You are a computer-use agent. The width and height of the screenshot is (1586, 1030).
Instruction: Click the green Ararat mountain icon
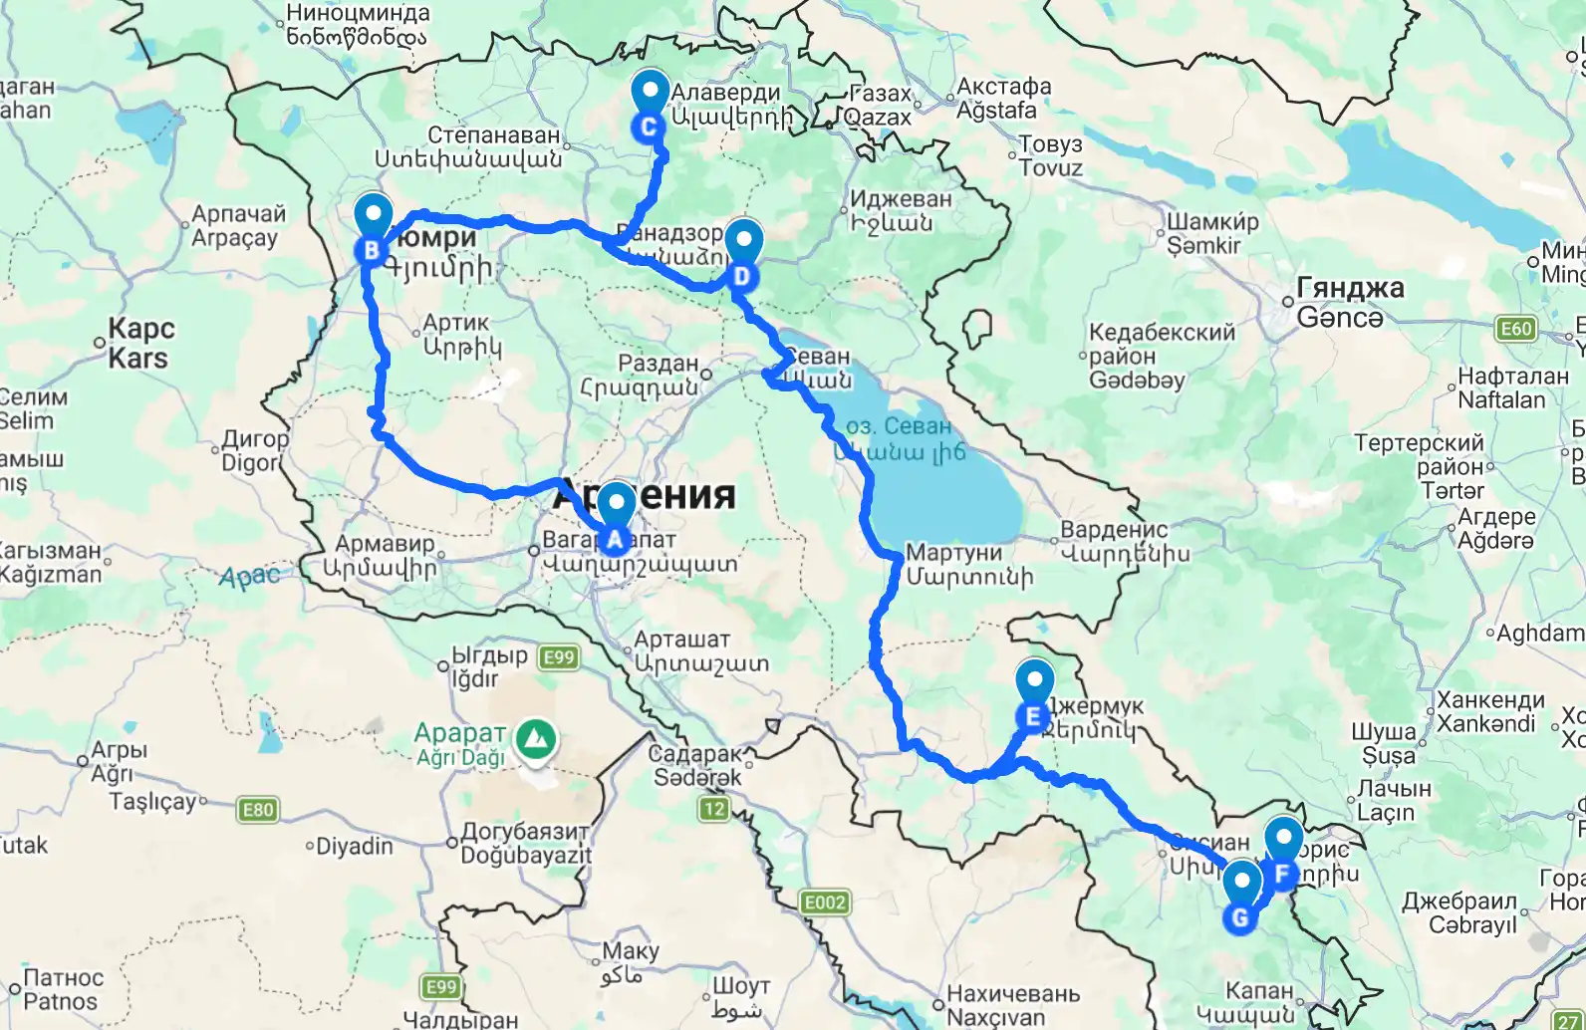[536, 739]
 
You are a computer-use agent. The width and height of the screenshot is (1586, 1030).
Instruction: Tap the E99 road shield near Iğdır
[559, 657]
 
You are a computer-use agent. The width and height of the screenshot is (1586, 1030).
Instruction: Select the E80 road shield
[258, 810]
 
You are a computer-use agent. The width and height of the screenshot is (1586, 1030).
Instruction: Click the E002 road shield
[825, 903]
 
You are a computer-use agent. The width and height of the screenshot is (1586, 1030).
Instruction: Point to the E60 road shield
[1515, 329]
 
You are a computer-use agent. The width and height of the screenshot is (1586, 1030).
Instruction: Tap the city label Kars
[139, 344]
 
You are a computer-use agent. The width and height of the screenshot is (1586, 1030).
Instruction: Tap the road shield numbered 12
[713, 809]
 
